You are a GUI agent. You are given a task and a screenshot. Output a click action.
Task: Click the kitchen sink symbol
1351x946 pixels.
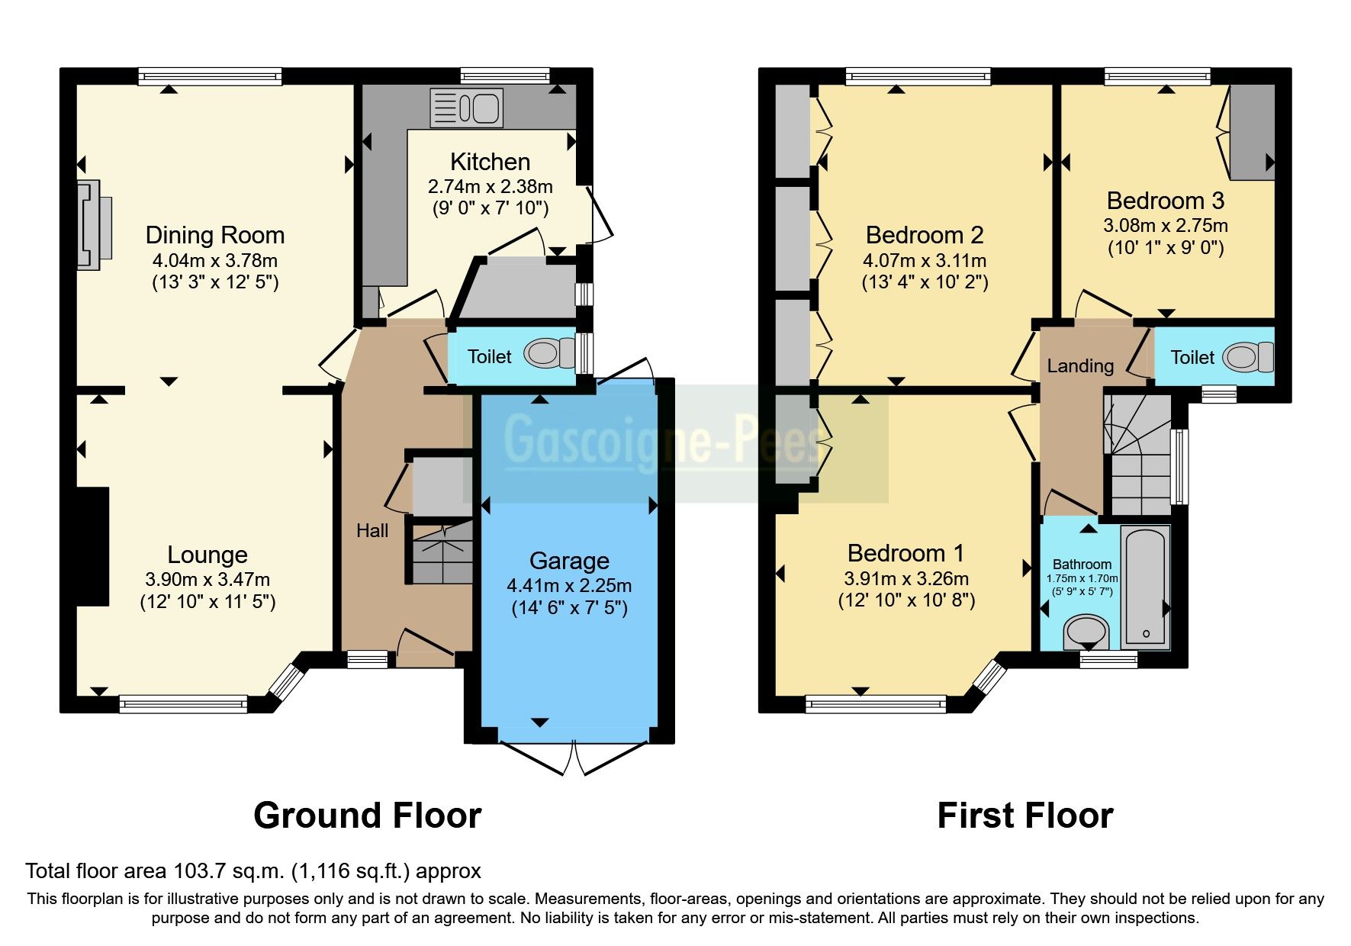click(466, 107)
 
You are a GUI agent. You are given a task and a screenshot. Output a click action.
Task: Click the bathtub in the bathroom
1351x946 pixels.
click(1145, 586)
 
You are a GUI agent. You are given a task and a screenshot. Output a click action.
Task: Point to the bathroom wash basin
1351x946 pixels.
click(1086, 632)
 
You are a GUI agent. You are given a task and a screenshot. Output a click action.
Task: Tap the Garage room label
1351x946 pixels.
click(569, 561)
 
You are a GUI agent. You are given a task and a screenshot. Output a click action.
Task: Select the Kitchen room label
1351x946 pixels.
click(490, 162)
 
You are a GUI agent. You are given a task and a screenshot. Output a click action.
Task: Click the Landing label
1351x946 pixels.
click(1079, 366)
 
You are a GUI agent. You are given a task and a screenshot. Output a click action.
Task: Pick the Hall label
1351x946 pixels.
click(372, 531)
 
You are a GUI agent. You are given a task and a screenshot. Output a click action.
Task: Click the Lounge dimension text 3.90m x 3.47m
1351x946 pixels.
click(207, 579)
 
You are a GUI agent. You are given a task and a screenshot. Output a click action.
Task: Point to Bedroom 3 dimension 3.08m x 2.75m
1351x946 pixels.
click(1165, 226)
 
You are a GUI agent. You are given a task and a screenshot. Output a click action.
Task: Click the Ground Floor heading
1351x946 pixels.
click(367, 816)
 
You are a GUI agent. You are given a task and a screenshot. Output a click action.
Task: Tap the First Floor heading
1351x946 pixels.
click(1025, 816)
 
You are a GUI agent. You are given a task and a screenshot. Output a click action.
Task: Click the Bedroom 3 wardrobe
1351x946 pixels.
click(1251, 132)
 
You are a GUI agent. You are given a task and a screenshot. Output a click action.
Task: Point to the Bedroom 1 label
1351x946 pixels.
click(905, 553)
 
